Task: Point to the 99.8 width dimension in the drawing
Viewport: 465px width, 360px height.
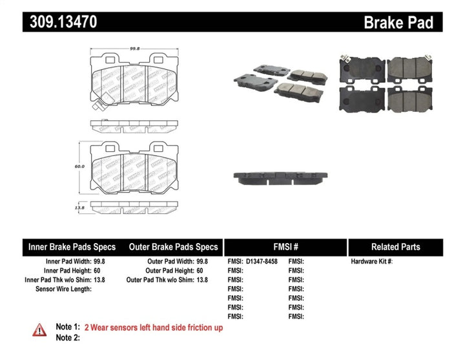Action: pyautogui.click(x=135, y=47)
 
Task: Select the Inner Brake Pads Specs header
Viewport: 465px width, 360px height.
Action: pyautogui.click(x=72, y=247)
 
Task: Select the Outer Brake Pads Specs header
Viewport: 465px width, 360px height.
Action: pyautogui.click(x=173, y=247)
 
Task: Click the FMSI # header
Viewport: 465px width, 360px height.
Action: pyautogui.click(x=284, y=247)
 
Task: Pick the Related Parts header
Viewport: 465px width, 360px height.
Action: pyautogui.click(x=395, y=247)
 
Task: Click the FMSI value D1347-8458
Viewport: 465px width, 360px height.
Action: pyautogui.click(x=261, y=262)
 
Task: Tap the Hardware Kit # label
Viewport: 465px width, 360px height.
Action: pyautogui.click(x=371, y=262)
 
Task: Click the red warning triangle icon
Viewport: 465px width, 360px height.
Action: pyautogui.click(x=40, y=330)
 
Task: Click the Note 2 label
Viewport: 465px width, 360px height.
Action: pyautogui.click(x=68, y=338)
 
